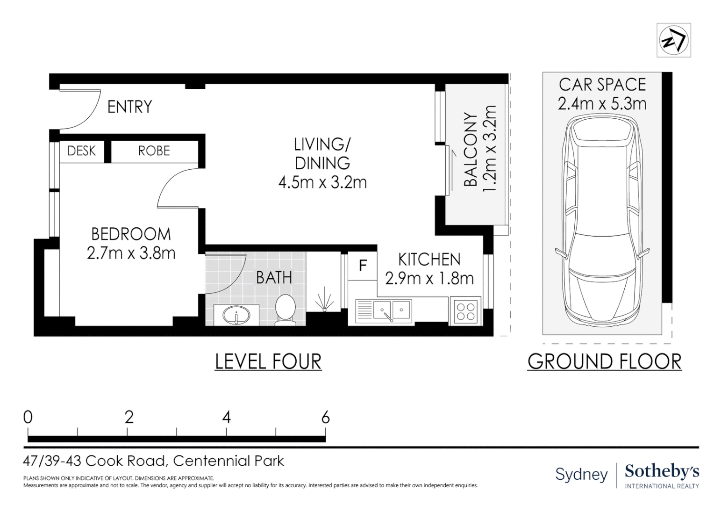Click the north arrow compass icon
(673, 41)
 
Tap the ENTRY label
(129, 107)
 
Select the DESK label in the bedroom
(81, 151)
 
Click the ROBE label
(154, 151)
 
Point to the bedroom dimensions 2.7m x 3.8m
(131, 253)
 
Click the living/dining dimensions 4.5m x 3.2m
(322, 182)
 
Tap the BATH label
(274, 278)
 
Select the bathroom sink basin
(236, 316)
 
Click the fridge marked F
(363, 266)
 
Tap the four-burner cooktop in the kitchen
(465, 311)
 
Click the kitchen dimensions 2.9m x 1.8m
(429, 279)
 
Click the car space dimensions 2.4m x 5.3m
(602, 103)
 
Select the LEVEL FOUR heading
(268, 362)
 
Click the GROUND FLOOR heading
(604, 362)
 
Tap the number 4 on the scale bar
(226, 417)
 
